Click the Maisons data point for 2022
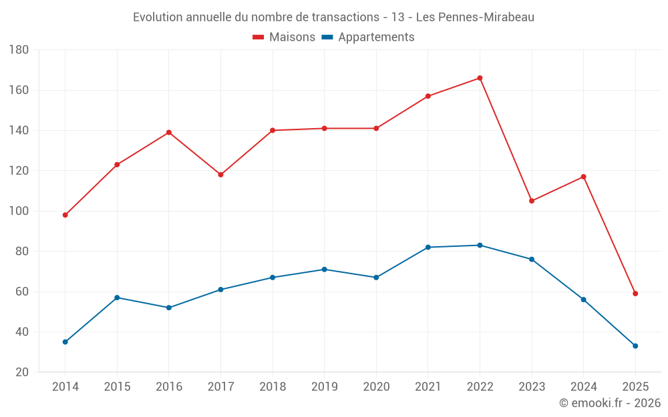[x=480, y=78]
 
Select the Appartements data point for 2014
[x=65, y=342]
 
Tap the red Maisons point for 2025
[x=635, y=294]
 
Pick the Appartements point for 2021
[x=428, y=247]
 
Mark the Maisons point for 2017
[x=220, y=175]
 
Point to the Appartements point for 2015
[x=117, y=298]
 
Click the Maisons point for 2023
[x=532, y=201]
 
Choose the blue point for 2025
[x=635, y=346]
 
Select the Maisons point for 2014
[x=65, y=215]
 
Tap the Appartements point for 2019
[x=324, y=270]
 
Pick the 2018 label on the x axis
[x=273, y=387]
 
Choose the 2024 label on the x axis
[x=583, y=387]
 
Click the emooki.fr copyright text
[x=610, y=403]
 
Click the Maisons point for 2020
[x=376, y=128]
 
